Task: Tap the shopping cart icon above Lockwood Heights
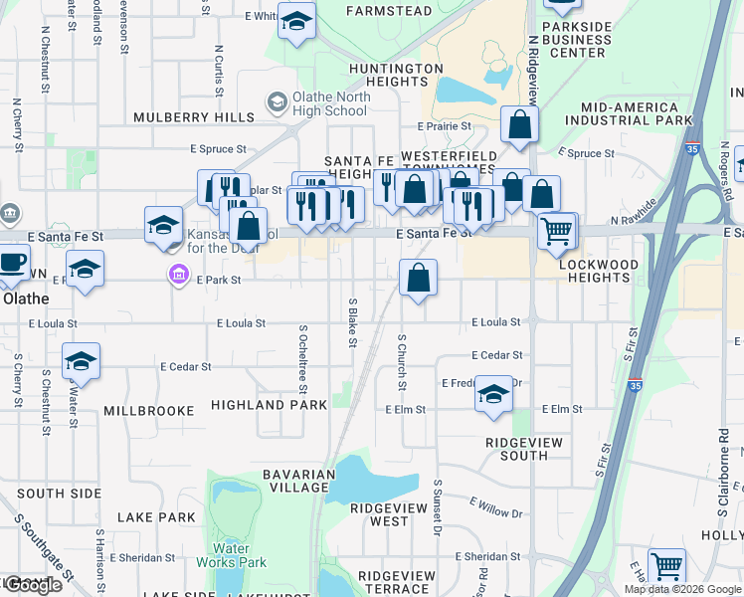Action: pyautogui.click(x=557, y=231)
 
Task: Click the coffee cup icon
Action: pyautogui.click(x=12, y=264)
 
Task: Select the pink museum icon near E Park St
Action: pyautogui.click(x=178, y=274)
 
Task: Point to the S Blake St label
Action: pyautogui.click(x=352, y=322)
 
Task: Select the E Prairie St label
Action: pyautogui.click(x=447, y=126)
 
